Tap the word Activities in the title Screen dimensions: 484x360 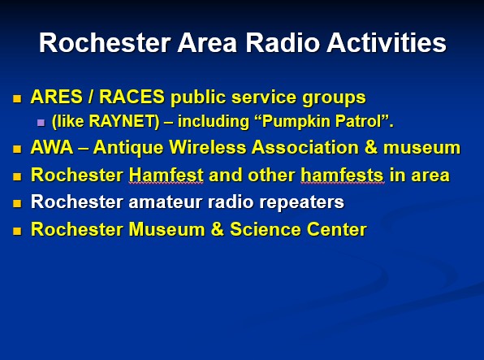[387, 42]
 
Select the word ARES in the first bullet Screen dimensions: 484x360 [57, 97]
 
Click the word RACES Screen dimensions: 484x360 [132, 97]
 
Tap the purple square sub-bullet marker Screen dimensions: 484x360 [41, 123]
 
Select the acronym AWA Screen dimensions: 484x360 [52, 147]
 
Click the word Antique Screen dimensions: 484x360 [128, 147]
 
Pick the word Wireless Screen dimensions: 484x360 [208, 147]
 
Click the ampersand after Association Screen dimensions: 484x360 [371, 147]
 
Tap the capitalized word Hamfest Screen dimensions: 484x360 [166, 175]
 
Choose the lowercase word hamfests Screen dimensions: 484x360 [343, 175]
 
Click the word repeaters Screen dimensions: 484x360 [301, 202]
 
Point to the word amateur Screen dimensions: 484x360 [166, 202]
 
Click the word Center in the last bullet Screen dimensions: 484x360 [336, 229]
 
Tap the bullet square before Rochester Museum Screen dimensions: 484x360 [17, 231]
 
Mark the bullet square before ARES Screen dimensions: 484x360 [17, 99]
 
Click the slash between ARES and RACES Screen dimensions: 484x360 [91, 97]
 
